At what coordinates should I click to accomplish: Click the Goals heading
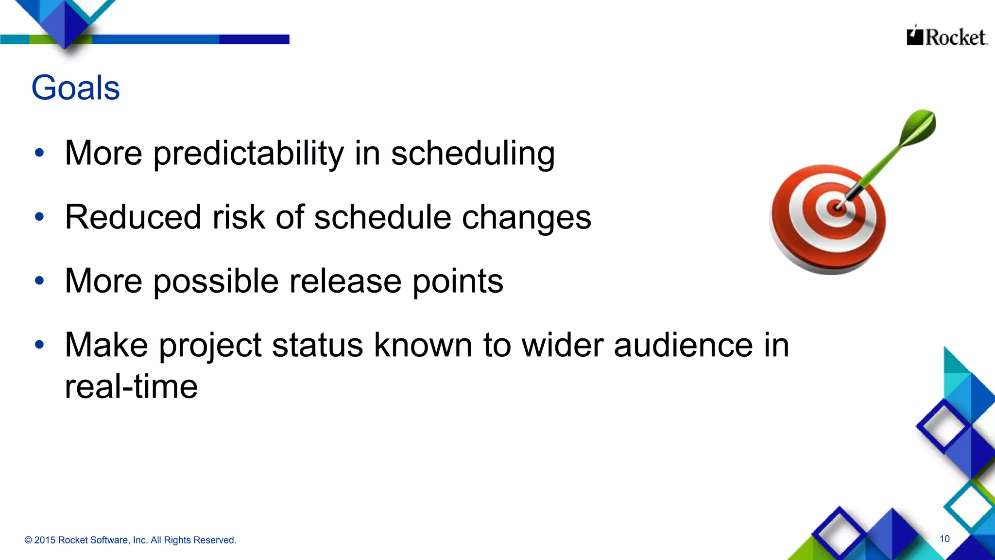pos(75,88)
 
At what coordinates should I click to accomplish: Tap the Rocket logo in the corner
pos(946,36)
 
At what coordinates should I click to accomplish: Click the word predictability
pos(248,153)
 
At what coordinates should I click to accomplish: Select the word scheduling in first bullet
pos(473,153)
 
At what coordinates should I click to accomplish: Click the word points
pos(458,281)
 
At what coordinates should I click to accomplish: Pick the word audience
pos(683,345)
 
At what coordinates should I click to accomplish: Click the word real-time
pos(131,386)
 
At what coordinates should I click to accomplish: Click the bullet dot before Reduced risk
pos(39,217)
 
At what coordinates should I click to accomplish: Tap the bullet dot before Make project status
pos(39,345)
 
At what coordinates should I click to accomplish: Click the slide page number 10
pos(944,539)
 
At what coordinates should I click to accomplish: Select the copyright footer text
pos(130,540)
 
